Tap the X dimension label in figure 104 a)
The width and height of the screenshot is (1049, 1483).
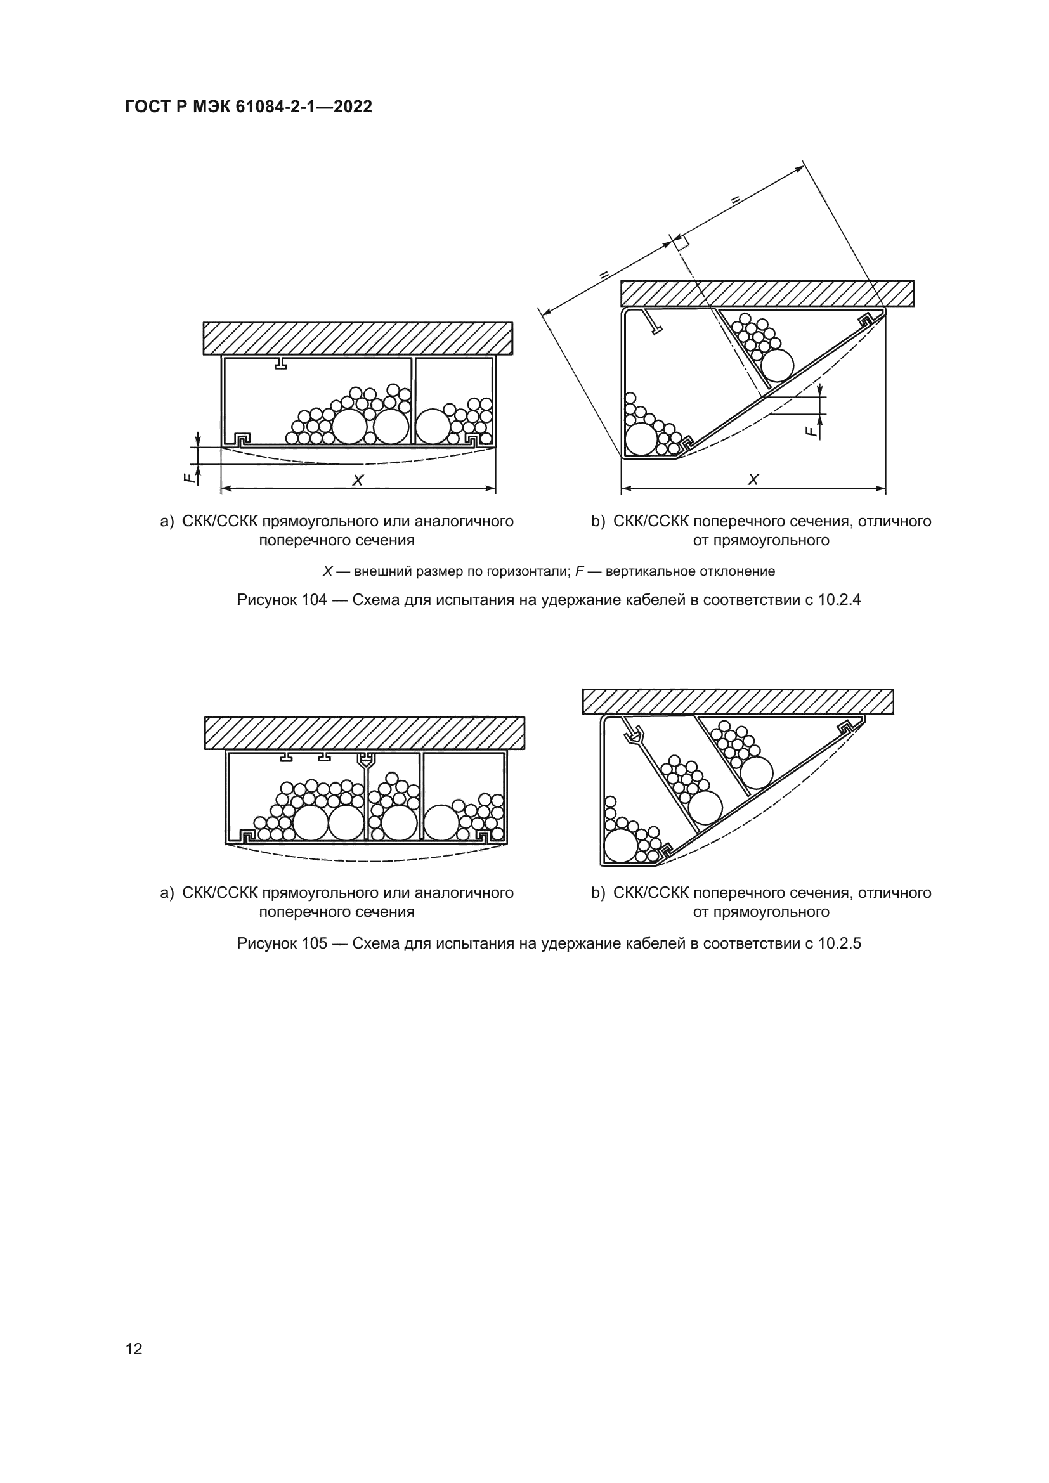point(357,480)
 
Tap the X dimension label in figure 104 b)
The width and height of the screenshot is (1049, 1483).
point(753,479)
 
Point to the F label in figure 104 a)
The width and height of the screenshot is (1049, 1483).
point(187,479)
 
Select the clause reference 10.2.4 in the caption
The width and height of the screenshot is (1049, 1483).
point(839,600)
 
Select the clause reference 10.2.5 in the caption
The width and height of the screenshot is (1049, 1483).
point(839,943)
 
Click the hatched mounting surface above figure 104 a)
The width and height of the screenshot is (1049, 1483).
point(358,339)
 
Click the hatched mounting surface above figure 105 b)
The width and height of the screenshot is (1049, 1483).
point(738,701)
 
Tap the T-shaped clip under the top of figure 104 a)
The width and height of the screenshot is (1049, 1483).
point(280,363)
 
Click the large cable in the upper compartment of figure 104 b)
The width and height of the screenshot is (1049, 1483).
point(776,366)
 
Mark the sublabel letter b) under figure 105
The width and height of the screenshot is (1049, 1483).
point(598,893)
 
